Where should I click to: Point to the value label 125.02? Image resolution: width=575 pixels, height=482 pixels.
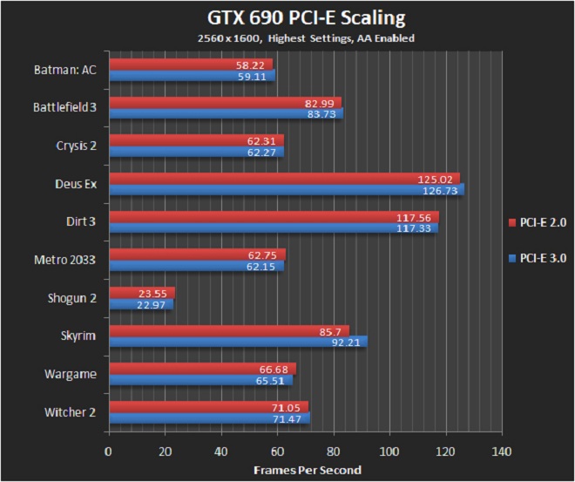tap(435, 179)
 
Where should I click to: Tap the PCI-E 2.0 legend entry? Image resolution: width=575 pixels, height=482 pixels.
tap(538, 221)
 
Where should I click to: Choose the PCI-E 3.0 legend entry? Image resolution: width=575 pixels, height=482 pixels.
tap(538, 258)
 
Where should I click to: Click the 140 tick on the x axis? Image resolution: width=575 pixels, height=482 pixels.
tap(501, 451)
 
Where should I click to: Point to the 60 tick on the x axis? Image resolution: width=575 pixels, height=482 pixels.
tap(276, 451)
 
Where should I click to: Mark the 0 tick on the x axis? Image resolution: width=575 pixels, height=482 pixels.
tap(108, 451)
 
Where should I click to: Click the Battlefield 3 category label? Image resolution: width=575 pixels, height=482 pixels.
tap(64, 107)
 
